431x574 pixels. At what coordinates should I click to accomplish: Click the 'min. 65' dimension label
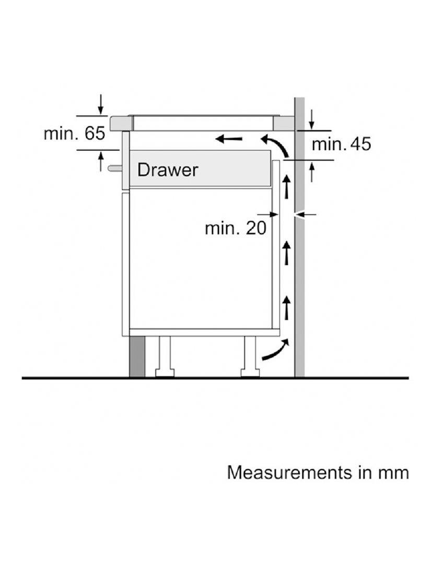74,133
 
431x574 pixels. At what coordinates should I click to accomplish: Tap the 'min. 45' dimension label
341,144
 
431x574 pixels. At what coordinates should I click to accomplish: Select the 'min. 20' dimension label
236,229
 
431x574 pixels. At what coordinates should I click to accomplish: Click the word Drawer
168,170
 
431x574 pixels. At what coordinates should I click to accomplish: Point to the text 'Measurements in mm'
318,472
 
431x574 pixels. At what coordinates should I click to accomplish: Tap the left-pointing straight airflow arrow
228,139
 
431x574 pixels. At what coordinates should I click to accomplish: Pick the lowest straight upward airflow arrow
287,307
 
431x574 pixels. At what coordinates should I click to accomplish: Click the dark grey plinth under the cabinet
137,356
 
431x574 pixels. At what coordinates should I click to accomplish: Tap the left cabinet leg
164,356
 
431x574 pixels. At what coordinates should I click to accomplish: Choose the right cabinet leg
250,356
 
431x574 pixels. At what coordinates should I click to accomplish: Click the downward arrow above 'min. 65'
101,105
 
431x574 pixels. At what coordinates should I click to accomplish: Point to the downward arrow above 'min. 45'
311,119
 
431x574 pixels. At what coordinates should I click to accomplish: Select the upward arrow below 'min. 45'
311,171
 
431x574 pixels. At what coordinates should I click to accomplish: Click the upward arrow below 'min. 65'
101,161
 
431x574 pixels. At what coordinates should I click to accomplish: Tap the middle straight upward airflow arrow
287,253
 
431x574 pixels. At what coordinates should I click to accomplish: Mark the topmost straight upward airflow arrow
287,187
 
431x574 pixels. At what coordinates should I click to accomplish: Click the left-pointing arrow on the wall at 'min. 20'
306,214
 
